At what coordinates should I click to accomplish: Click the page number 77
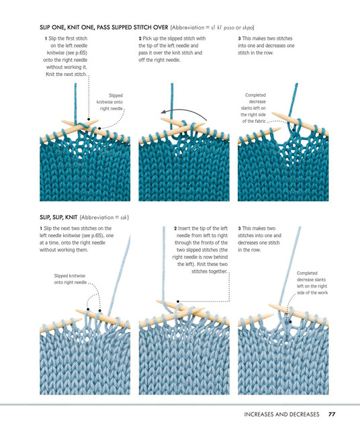pyautogui.click(x=332, y=414)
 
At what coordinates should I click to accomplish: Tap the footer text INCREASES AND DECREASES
pyautogui.click(x=281, y=414)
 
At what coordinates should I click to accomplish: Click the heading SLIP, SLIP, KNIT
pyautogui.click(x=58, y=218)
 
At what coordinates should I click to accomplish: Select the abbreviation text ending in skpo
pyautogui.click(x=212, y=28)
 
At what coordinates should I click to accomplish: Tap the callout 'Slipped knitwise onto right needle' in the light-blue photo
pyautogui.click(x=71, y=279)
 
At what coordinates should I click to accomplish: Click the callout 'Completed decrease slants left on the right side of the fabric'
pyautogui.click(x=254, y=108)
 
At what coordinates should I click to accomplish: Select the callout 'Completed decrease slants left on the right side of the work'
pyautogui.click(x=312, y=283)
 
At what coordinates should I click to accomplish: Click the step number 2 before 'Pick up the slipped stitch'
pyautogui.click(x=140, y=39)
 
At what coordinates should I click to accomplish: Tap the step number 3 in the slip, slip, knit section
pyautogui.click(x=239, y=228)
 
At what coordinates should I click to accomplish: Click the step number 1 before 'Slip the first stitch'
pyautogui.click(x=46, y=39)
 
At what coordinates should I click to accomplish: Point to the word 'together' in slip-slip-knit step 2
pyautogui.click(x=217, y=271)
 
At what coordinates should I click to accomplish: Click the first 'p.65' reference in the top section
pyautogui.click(x=81, y=52)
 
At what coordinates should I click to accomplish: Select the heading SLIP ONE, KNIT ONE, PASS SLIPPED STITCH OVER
pyautogui.click(x=104, y=28)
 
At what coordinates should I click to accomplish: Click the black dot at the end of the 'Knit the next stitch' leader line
pyautogui.click(x=89, y=120)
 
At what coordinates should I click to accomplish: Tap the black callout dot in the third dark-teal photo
pyautogui.click(x=294, y=130)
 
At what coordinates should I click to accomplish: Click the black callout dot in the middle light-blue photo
pyautogui.click(x=178, y=302)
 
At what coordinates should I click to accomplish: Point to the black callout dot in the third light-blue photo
pyautogui.click(x=290, y=322)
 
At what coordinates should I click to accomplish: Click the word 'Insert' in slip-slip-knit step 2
pyautogui.click(x=184, y=228)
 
